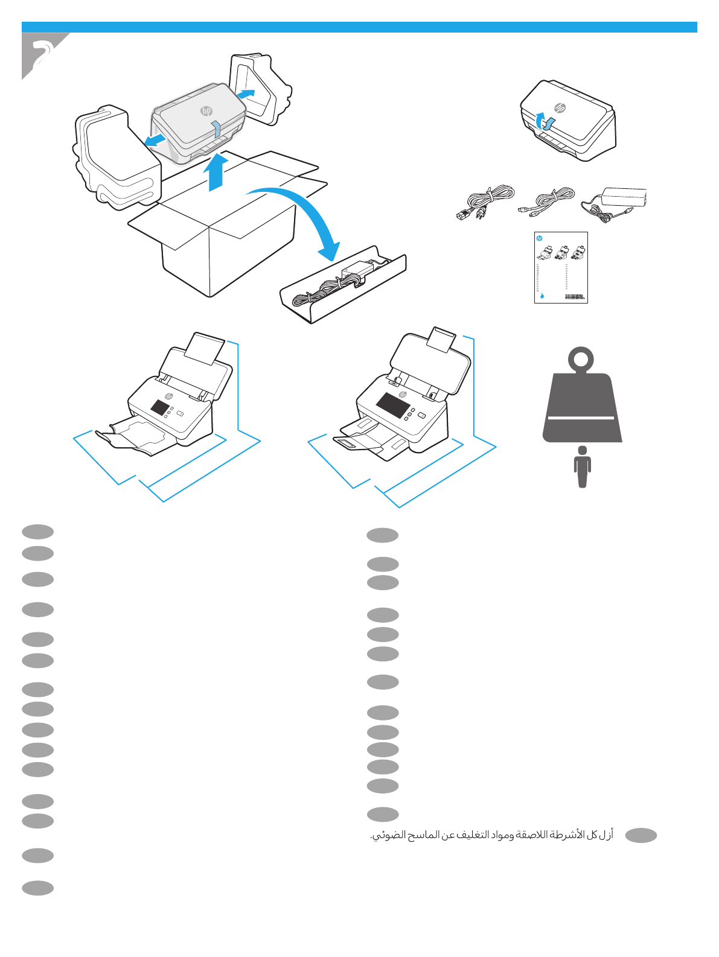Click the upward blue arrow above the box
[216, 172]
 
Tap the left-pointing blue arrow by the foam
[155, 141]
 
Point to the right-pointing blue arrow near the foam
[245, 94]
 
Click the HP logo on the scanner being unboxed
[206, 111]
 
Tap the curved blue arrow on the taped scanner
[545, 121]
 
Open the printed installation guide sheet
[561, 267]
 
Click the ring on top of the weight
[581, 360]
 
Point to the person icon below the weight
[582, 466]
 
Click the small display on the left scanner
[160, 407]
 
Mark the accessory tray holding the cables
[343, 285]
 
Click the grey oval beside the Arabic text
[641, 835]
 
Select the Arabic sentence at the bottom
[491, 835]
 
